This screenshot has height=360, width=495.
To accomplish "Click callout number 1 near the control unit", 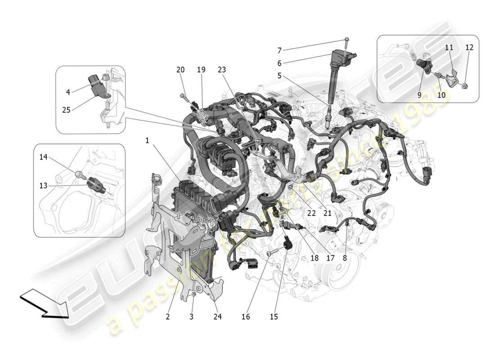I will point(147,140).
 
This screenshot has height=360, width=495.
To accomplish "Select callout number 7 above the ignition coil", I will point(279,50).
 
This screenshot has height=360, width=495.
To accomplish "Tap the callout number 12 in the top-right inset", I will point(469,47).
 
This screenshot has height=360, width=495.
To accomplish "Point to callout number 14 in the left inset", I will point(43,157).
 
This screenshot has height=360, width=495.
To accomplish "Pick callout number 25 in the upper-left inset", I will point(66,109).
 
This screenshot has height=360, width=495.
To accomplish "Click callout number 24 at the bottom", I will point(218,317).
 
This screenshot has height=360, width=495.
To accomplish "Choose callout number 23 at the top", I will point(221,70).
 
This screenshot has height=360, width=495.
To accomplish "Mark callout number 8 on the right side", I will point(345,258).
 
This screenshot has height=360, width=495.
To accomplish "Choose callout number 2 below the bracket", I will point(167,317).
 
